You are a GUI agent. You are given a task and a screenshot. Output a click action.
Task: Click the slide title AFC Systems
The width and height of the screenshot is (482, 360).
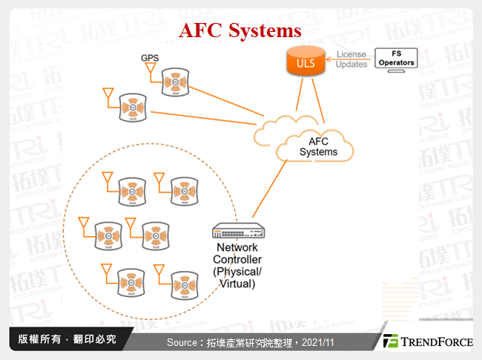click(241, 30)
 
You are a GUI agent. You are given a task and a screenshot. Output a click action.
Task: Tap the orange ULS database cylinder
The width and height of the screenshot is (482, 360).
click(306, 62)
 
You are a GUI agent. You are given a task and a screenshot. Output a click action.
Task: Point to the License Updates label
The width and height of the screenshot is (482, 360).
click(351, 59)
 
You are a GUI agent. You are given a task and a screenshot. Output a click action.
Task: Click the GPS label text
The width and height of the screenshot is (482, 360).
click(150, 58)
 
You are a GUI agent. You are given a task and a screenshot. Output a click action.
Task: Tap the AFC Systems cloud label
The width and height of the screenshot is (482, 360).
click(318, 146)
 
